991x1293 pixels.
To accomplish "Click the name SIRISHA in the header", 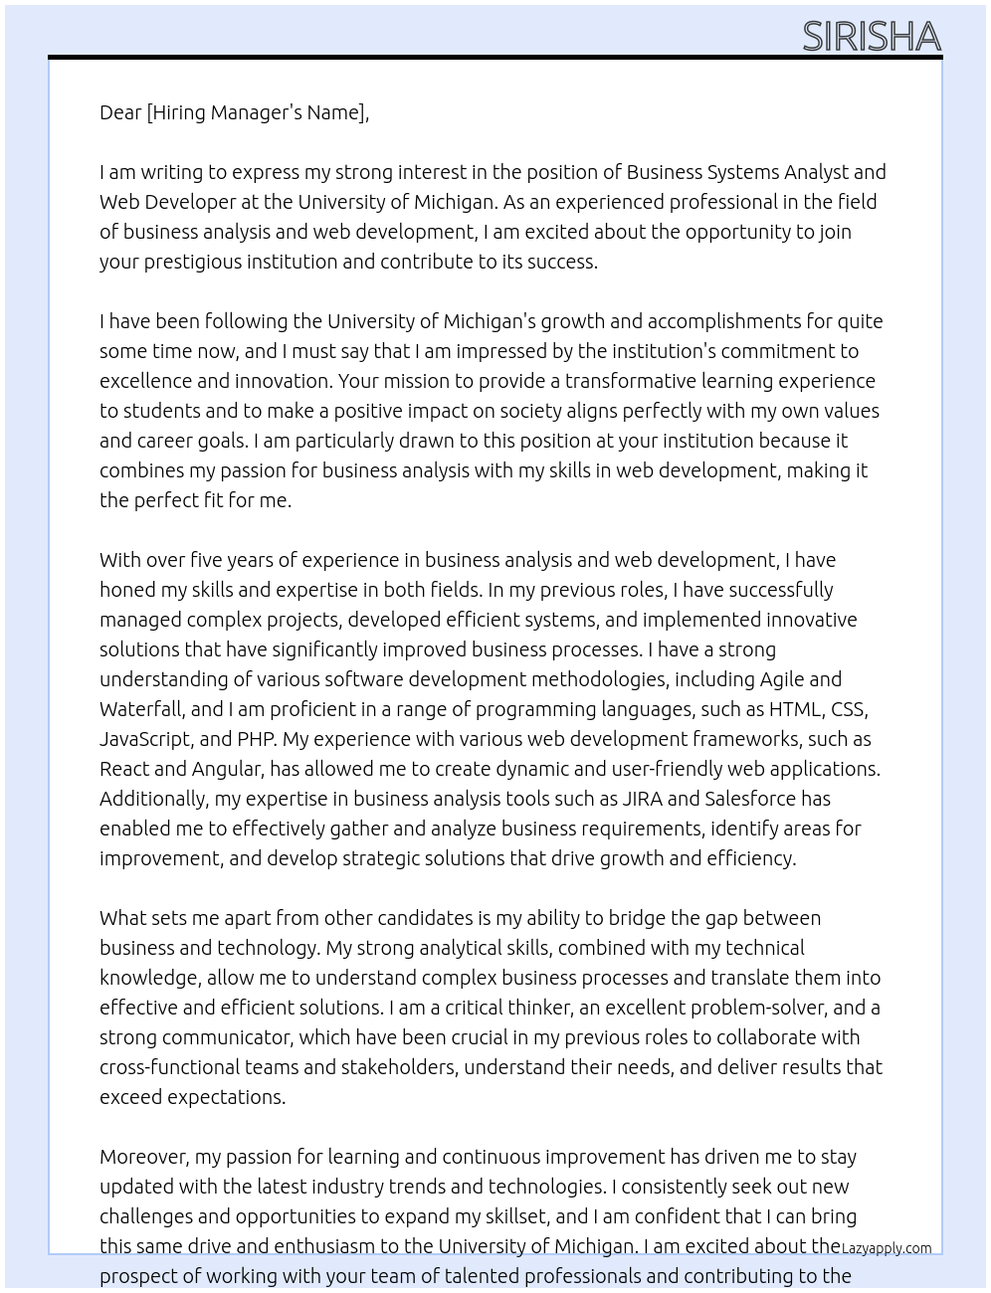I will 871,37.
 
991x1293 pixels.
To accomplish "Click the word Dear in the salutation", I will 120,112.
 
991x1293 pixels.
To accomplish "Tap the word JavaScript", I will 144,739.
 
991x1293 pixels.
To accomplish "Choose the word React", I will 124,769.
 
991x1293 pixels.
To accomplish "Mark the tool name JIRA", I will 642,799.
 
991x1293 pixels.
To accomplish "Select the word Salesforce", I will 752,799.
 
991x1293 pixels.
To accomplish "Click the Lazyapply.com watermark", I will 887,1248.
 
